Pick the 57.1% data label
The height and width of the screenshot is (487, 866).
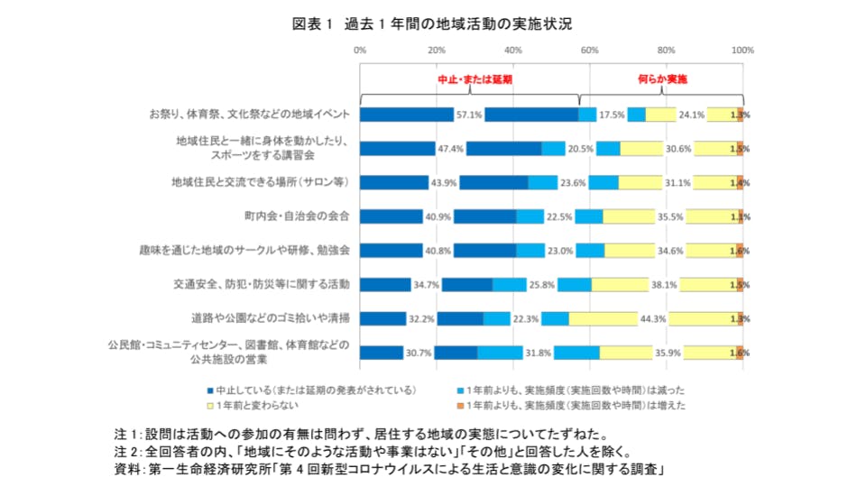[x=469, y=115]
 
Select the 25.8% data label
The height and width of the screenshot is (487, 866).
[x=541, y=285]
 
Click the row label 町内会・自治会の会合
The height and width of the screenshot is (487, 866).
[x=297, y=216]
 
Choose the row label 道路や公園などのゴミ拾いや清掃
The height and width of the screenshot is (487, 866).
[x=271, y=318]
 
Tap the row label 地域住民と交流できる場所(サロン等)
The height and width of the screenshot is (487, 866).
[x=260, y=182]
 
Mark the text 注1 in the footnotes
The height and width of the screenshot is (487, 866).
[x=127, y=434]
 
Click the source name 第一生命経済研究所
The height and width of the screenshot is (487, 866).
[x=212, y=470]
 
